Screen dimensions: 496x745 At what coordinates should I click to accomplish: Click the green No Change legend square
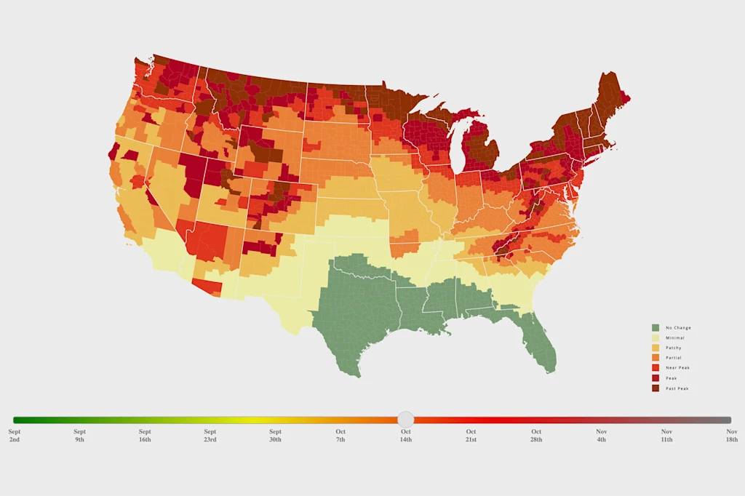tap(656, 328)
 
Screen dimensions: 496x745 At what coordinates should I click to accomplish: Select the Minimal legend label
tap(674, 338)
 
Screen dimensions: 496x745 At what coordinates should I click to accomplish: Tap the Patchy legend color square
tap(656, 348)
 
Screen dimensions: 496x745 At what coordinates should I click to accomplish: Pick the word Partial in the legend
tap(674, 358)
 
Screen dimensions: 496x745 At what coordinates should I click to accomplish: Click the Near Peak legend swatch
tap(656, 368)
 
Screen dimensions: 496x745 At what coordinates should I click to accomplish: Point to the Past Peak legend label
tap(677, 388)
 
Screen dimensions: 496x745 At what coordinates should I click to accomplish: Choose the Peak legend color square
tap(656, 378)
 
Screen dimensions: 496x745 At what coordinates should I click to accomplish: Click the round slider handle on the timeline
tap(406, 420)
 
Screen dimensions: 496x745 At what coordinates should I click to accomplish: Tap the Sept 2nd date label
tap(15, 436)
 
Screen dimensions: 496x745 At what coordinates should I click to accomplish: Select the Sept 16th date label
tap(145, 436)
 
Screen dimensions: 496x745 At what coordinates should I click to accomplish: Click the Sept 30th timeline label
tap(275, 436)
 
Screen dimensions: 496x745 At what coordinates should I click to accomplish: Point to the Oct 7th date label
tap(340, 436)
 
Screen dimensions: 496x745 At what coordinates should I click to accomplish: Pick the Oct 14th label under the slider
tap(406, 436)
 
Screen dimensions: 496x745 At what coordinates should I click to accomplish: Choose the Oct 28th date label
tap(536, 436)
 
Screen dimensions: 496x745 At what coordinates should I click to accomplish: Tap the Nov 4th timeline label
tap(601, 436)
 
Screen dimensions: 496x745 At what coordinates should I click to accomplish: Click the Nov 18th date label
tap(731, 436)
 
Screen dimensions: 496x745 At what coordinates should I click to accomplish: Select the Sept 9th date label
tap(79, 436)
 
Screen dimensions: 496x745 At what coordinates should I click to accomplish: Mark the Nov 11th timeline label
tap(666, 436)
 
